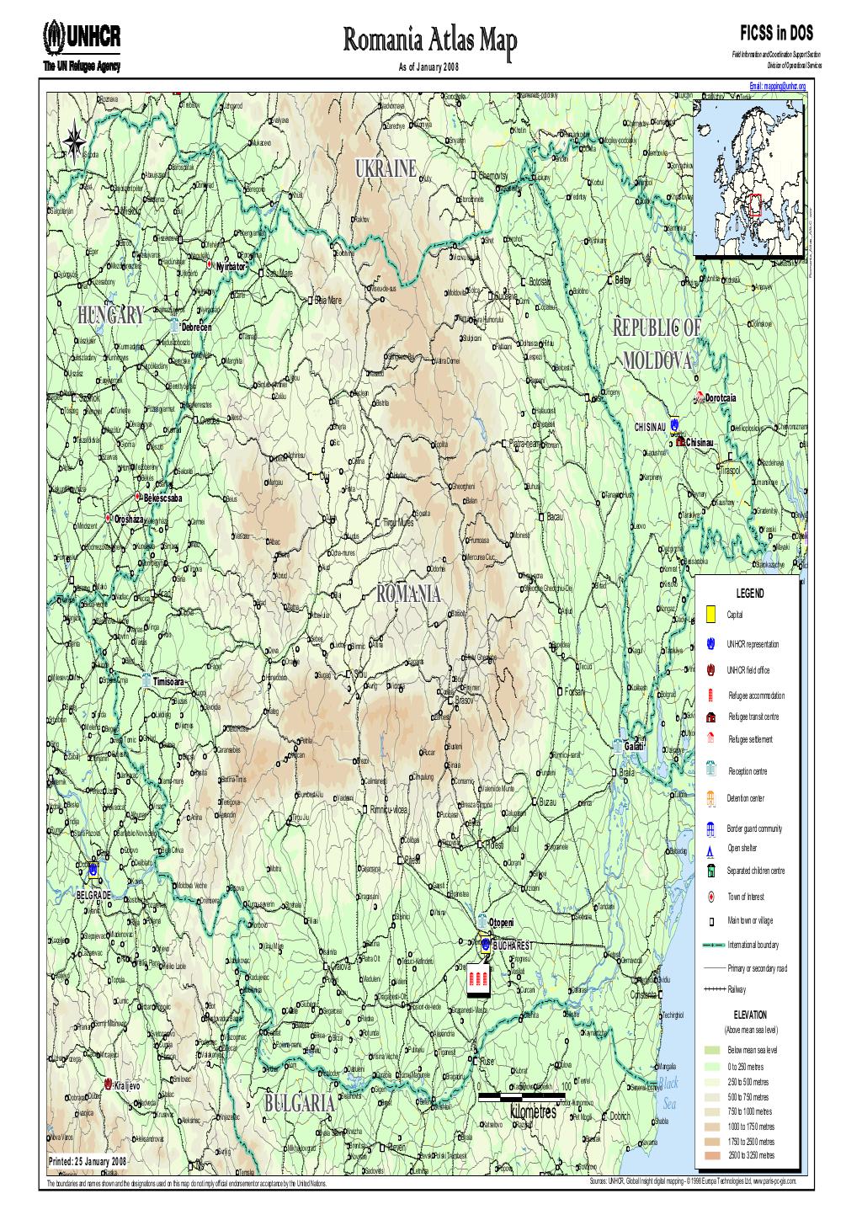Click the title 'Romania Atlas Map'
pos(429,38)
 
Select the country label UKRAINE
pos(386,168)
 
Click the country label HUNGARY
pos(110,316)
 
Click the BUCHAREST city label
pos(513,946)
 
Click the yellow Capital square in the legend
pos(710,615)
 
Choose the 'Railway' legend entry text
pos(737,989)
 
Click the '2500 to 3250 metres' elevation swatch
pos(712,1155)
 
